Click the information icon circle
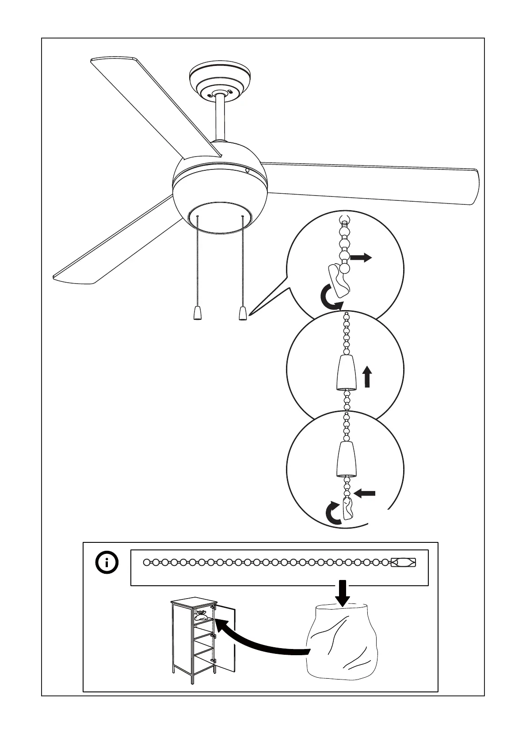tap(107, 563)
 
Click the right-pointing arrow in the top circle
tap(361, 257)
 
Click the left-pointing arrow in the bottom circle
tap(365, 493)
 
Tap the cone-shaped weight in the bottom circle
tap(346, 459)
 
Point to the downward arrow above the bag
tap(342, 594)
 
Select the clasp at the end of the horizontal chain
tap(403, 562)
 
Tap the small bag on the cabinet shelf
tap(202, 615)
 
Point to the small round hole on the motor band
tap(247, 169)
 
